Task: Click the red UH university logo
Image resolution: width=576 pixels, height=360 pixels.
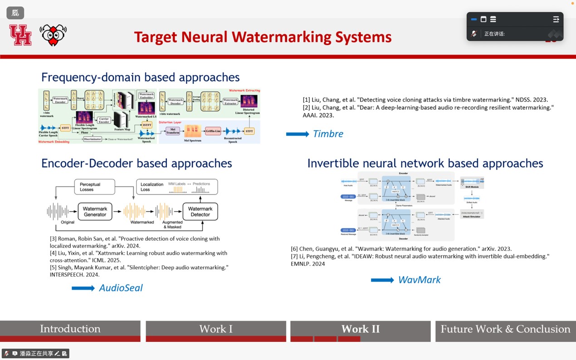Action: click(x=20, y=35)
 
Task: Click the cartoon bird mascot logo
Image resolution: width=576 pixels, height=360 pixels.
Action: click(x=53, y=35)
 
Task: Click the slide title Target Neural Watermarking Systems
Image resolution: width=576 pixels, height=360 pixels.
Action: click(x=263, y=37)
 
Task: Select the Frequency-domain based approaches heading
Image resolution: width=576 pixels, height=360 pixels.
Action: click(x=140, y=77)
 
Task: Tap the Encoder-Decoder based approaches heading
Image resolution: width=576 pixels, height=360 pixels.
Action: click(x=137, y=163)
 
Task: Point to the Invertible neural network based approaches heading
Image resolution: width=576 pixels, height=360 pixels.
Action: click(x=425, y=163)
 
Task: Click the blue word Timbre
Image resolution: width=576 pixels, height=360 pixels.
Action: click(x=328, y=134)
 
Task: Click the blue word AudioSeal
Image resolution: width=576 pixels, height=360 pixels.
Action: click(x=121, y=288)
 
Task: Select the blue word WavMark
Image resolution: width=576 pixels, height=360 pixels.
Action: click(x=419, y=280)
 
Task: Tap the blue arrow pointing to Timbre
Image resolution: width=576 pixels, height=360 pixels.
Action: click(x=298, y=134)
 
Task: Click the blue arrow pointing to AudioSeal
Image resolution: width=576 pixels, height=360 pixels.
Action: click(x=83, y=288)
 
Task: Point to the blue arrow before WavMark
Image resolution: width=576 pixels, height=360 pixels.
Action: click(x=382, y=280)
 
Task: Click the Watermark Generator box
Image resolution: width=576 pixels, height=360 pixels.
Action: click(x=95, y=212)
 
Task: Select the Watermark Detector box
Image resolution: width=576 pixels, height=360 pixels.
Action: click(x=200, y=212)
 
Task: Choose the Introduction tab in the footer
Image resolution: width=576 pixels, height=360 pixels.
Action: click(x=70, y=329)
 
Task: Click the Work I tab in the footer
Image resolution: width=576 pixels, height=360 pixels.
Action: click(x=216, y=329)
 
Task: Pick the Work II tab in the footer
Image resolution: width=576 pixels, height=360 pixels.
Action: click(x=360, y=329)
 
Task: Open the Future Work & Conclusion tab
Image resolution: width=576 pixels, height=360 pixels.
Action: click(x=505, y=329)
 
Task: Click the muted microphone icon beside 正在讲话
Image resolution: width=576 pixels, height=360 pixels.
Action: click(x=474, y=34)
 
